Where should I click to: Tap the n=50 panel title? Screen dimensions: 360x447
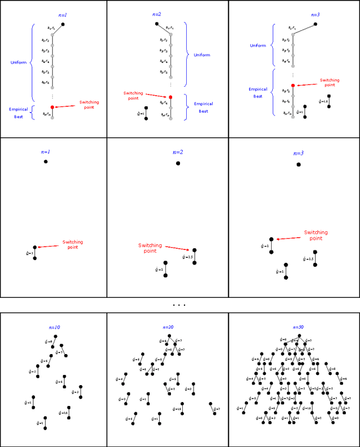pos(298,327)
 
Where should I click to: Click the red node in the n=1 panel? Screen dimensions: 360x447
pos(52,107)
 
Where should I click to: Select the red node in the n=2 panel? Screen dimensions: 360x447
pos(170,97)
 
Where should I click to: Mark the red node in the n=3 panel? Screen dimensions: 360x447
pos(293,85)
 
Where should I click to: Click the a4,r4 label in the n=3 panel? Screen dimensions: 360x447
pos(285,58)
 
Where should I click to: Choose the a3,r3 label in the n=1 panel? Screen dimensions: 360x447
pos(45,51)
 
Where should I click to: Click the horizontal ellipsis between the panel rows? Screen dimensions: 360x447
pos(179,305)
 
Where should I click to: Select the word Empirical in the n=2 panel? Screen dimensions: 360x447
pos(204,104)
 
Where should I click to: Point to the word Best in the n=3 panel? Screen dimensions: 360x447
pos(257,96)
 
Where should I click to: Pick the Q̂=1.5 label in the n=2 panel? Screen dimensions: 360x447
pos(187,257)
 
